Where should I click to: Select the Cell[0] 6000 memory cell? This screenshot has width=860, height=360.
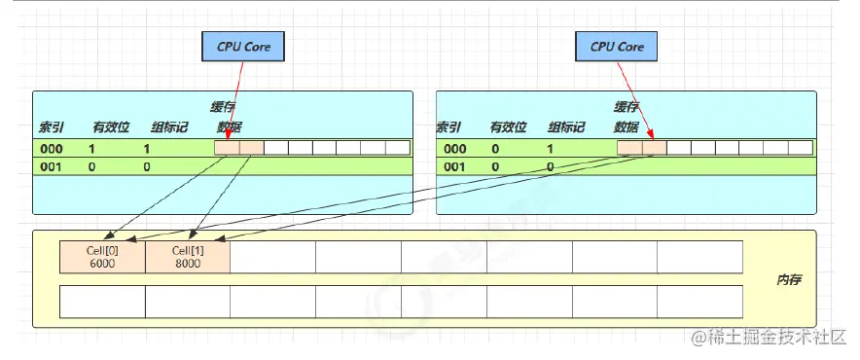point(102,257)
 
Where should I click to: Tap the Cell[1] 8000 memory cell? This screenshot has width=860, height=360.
point(188,257)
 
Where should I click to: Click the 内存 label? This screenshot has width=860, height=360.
point(787,279)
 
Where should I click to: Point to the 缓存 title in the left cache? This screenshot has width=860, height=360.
point(223,107)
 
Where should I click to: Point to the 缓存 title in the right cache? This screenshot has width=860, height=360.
point(626,107)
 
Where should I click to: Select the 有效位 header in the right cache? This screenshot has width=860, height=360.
point(507,127)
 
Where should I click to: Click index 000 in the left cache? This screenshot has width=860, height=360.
point(53,149)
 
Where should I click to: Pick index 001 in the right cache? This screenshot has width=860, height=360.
point(454,166)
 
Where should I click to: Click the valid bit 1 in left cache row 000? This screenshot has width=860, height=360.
point(91,149)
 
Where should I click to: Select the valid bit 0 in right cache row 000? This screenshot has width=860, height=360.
point(494,149)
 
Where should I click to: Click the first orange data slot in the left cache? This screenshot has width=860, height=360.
point(226,148)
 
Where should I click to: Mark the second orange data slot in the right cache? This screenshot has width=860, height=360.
point(654,148)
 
